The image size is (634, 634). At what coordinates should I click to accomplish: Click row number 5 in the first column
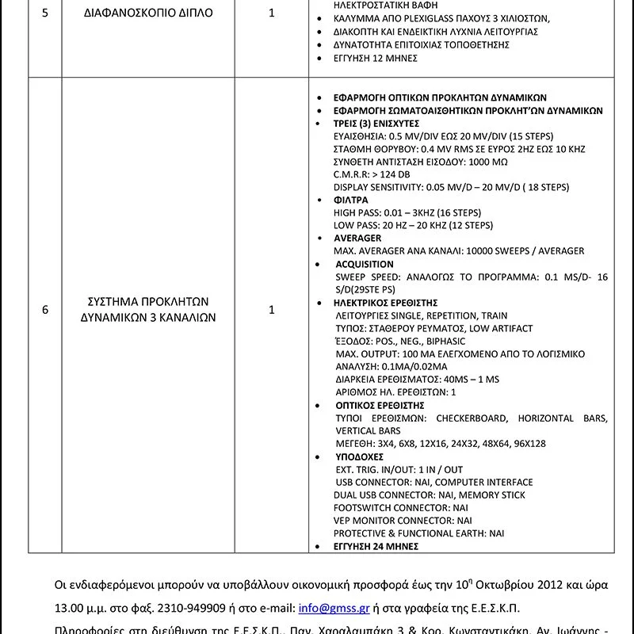pyautogui.click(x=45, y=13)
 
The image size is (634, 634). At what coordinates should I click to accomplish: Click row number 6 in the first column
pyautogui.click(x=45, y=310)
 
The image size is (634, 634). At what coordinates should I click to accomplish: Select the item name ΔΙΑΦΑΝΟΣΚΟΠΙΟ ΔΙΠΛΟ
pyautogui.click(x=148, y=13)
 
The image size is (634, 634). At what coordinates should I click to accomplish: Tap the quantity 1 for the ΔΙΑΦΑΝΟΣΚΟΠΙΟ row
pyautogui.click(x=272, y=13)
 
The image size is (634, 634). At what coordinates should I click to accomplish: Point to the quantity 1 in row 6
pyautogui.click(x=272, y=310)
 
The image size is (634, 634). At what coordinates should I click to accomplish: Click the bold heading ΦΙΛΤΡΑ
pyautogui.click(x=351, y=201)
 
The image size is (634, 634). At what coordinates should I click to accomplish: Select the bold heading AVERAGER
pyautogui.click(x=357, y=239)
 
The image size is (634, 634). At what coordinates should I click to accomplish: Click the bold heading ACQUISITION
pyautogui.click(x=364, y=264)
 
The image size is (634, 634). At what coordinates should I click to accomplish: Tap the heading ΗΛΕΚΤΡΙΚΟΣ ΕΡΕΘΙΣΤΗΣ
pyautogui.click(x=385, y=303)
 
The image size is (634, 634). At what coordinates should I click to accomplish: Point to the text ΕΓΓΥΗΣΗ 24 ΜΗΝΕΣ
pyautogui.click(x=376, y=546)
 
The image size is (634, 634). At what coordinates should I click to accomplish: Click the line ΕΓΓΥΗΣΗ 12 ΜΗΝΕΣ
pyautogui.click(x=376, y=59)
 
